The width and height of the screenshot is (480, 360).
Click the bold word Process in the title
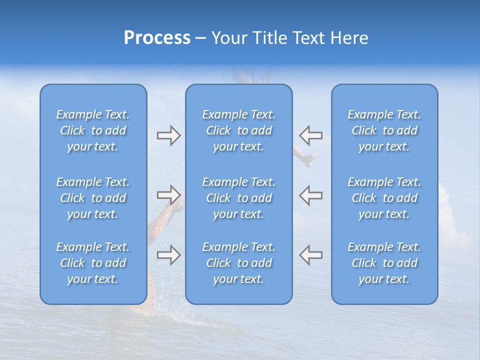(157, 38)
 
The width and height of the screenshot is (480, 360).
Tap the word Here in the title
(350, 38)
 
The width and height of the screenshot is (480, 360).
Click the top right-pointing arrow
(168, 135)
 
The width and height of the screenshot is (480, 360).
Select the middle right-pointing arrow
(168, 195)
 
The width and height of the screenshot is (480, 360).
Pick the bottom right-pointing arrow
(168, 254)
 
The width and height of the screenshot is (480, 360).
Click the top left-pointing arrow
(310, 135)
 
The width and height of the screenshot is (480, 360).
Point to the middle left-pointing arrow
(310, 195)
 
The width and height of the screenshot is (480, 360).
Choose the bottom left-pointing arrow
(310, 254)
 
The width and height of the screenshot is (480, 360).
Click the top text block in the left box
(93, 130)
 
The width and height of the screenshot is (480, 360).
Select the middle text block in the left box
(93, 198)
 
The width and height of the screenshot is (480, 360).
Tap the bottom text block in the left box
(93, 263)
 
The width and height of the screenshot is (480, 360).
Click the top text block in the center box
(238, 130)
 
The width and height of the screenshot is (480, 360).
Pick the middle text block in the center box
(238, 198)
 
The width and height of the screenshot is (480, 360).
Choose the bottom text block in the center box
(238, 263)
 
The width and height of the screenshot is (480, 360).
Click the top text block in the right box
(384, 130)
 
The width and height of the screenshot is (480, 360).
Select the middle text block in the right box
(384, 198)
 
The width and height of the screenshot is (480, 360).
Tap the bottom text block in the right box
(384, 263)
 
